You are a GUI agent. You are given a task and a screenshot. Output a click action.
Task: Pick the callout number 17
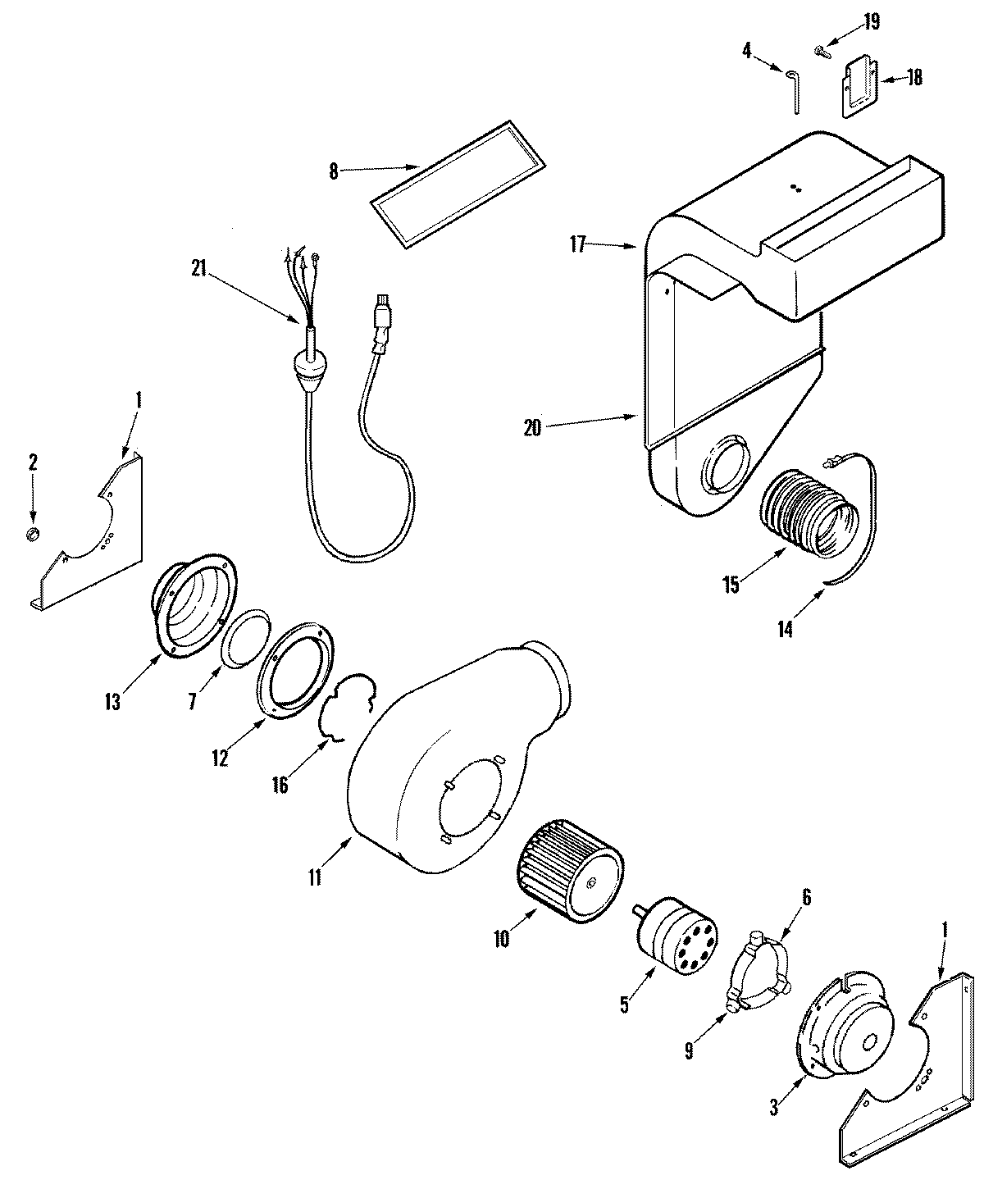(577, 244)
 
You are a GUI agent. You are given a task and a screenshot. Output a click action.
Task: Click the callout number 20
(532, 427)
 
